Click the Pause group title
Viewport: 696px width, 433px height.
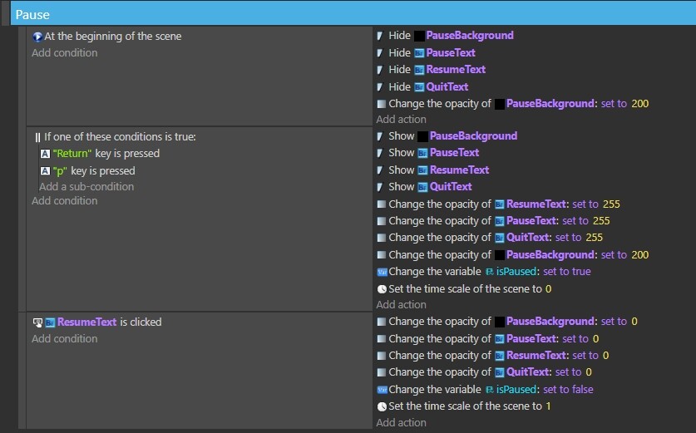point(32,15)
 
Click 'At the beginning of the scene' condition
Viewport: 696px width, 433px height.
point(113,37)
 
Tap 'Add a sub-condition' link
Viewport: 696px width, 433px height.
point(86,187)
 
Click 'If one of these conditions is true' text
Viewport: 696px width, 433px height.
point(120,136)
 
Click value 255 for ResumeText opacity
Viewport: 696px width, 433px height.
point(611,204)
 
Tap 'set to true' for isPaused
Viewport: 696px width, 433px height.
point(567,272)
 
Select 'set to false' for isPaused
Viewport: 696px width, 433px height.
point(568,390)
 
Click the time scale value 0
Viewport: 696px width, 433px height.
point(548,289)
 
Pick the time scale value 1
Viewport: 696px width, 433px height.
point(548,406)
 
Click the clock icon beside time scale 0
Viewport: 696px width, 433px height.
point(382,289)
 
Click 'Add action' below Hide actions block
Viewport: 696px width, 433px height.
point(402,120)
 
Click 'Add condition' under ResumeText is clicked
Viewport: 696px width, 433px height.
point(64,339)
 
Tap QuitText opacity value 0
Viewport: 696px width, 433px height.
point(589,372)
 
